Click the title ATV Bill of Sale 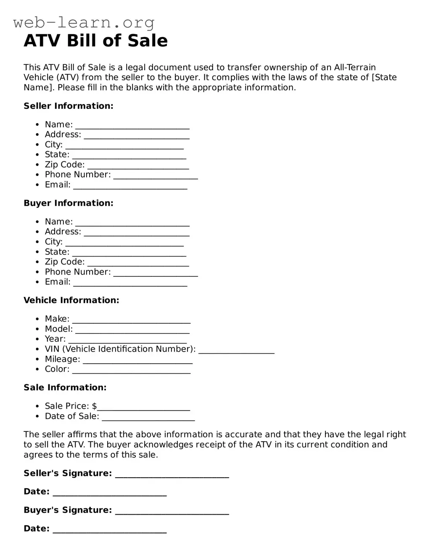coord(95,41)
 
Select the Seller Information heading coord(69,106)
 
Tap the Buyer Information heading coord(69,203)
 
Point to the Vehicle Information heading coord(71,300)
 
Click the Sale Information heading coord(65,388)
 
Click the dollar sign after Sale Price coord(94,406)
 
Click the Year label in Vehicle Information coord(55,339)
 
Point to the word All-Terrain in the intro coord(354,67)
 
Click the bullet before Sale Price coord(37,406)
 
